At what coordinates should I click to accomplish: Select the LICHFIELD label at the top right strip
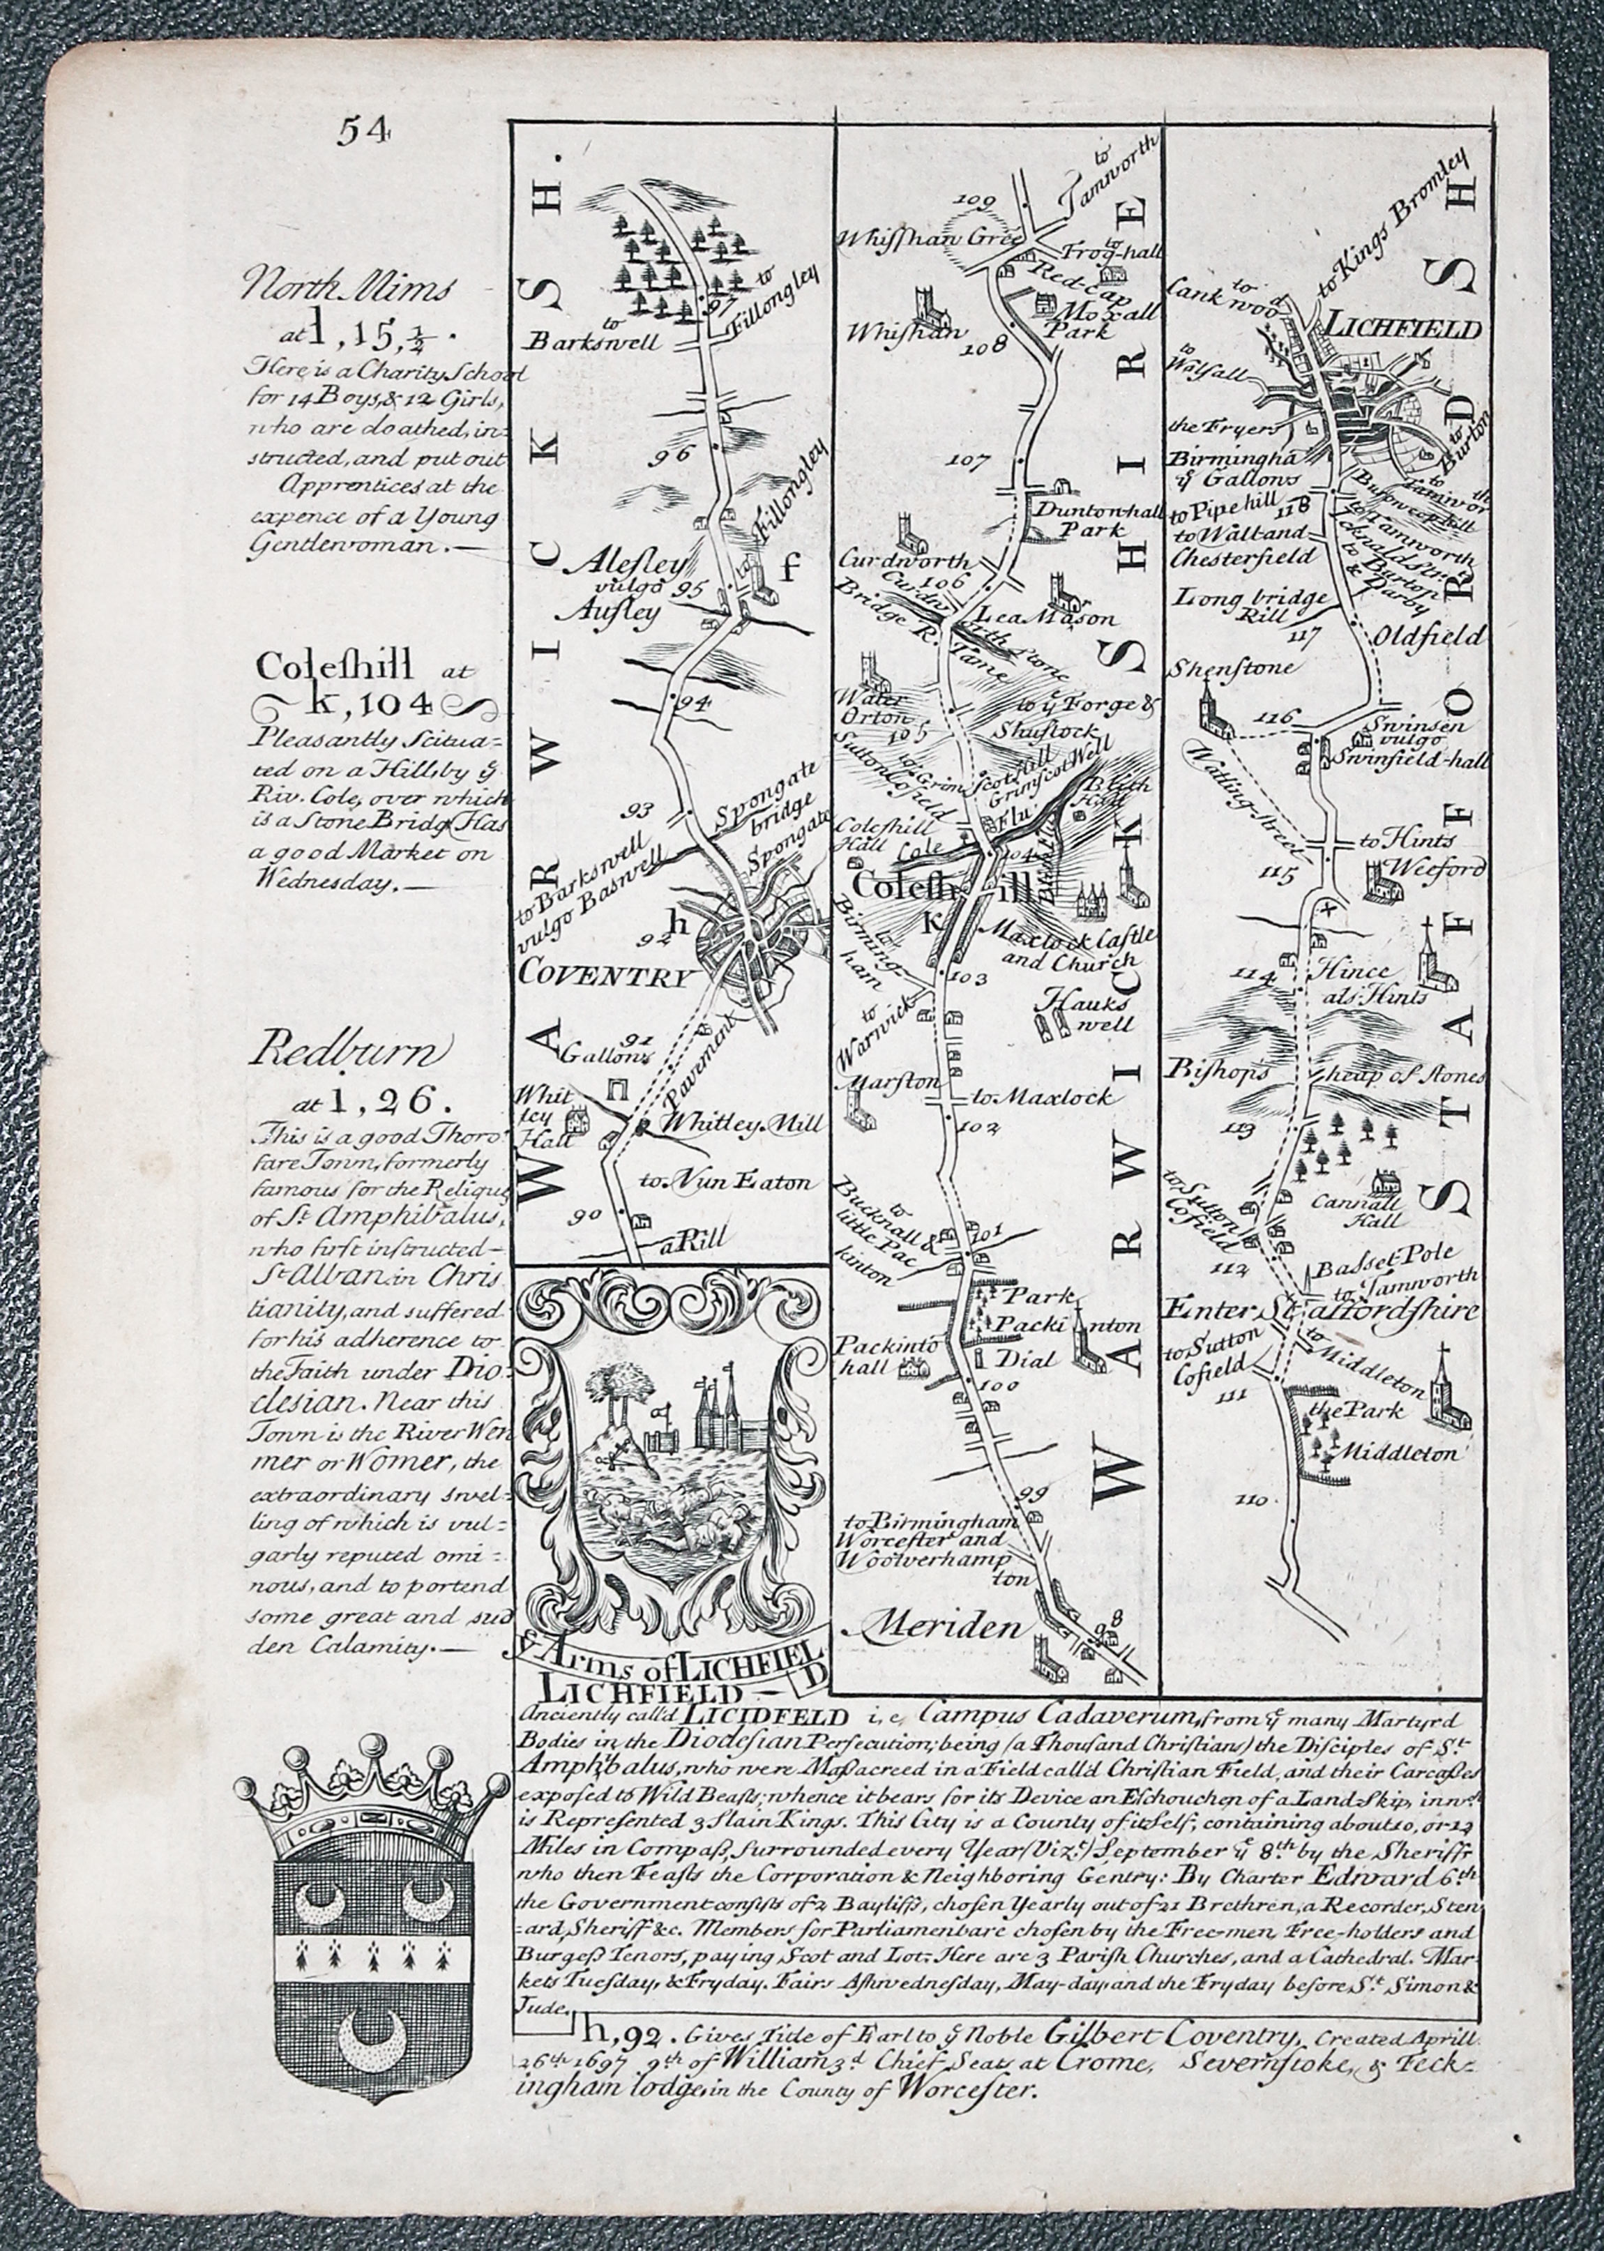1402,328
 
